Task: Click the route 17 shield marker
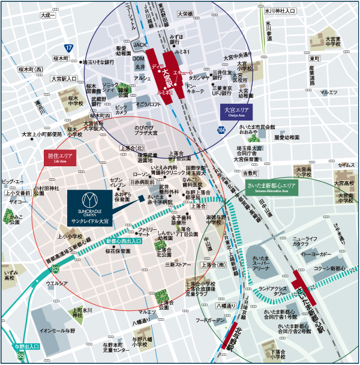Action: [x=69, y=47]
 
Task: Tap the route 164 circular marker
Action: [x=221, y=129]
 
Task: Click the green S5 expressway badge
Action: [x=20, y=356]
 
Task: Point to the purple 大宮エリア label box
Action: [x=236, y=111]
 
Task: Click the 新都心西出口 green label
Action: [x=124, y=241]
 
